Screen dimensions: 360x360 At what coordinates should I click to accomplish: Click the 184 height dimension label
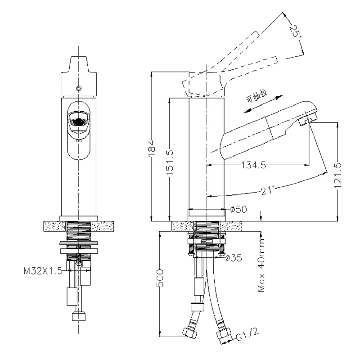point(152,148)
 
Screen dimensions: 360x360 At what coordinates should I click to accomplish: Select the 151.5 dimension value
point(170,162)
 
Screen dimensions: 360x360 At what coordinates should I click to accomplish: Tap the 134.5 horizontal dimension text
point(254,165)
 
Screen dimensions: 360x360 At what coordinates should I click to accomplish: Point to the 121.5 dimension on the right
point(338,175)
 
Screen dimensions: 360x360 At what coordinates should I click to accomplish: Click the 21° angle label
point(267,190)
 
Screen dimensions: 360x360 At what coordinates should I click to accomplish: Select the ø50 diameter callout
point(238,209)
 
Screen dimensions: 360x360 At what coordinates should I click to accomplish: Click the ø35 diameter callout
point(234,258)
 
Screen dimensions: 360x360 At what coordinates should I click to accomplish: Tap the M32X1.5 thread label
point(43,271)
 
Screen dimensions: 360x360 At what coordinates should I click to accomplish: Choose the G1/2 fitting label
point(247,334)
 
